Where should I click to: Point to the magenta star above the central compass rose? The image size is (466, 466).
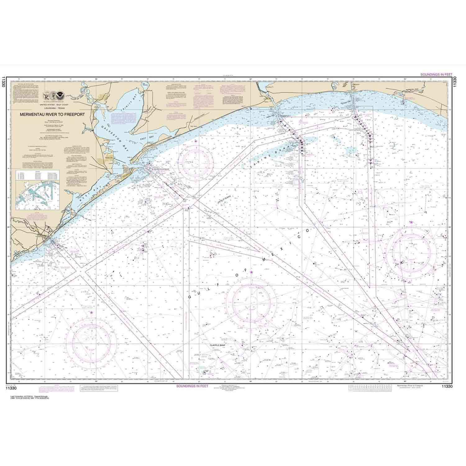coord(251,272)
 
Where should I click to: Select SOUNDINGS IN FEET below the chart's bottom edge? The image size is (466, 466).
coord(192,386)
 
